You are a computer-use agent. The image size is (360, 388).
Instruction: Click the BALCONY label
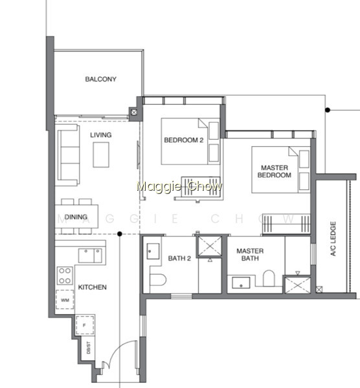(100, 79)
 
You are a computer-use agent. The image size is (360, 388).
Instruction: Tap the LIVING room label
(100, 135)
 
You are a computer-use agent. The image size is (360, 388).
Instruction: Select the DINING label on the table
(76, 217)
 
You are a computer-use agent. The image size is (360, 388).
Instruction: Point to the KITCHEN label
(92, 287)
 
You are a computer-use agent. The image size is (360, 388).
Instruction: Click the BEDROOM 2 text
(184, 140)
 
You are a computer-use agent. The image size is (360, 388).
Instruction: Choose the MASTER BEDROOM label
(275, 171)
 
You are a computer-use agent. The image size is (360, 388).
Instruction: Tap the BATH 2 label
(179, 258)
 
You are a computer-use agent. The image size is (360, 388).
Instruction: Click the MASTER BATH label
(250, 255)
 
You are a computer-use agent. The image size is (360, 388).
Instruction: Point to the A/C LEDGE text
(333, 239)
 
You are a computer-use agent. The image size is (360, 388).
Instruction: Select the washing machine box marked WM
(65, 299)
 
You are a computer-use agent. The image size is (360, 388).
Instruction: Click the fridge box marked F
(85, 325)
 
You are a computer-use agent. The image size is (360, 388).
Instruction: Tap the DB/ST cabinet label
(89, 348)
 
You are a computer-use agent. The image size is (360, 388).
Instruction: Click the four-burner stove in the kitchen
(65, 275)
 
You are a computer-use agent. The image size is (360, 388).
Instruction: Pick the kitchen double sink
(90, 255)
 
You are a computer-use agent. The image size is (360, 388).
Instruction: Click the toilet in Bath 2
(158, 279)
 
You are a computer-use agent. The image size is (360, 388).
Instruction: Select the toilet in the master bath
(269, 278)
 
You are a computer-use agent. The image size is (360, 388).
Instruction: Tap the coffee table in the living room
(101, 155)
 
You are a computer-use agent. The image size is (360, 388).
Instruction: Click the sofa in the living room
(67, 155)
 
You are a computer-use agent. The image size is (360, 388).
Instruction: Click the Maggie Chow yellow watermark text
(179, 186)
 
